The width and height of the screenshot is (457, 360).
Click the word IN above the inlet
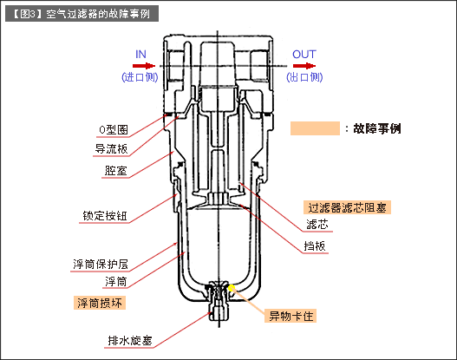[141, 54]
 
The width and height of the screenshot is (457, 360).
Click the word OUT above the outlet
[304, 54]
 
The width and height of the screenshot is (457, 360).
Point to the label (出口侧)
[303, 76]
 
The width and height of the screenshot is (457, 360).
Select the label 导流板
[111, 148]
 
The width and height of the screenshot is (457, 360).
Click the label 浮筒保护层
[101, 263]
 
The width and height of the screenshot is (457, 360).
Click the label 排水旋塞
[105, 339]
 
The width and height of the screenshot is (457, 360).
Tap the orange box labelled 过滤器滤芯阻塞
[348, 208]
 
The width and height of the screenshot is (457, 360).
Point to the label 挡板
[316, 246]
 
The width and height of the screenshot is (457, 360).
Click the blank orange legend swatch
[314, 128]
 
